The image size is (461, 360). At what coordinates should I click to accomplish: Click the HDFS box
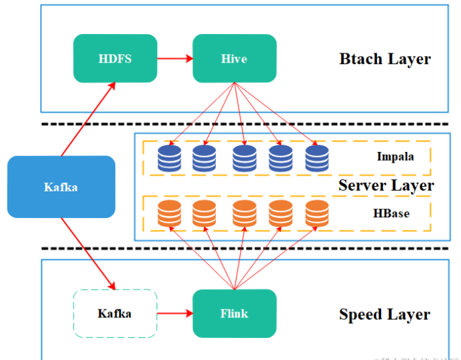click(115, 59)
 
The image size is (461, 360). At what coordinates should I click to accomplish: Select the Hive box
click(234, 59)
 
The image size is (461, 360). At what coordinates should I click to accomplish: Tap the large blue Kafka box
click(61, 187)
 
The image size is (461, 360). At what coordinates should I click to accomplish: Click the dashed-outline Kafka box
click(115, 313)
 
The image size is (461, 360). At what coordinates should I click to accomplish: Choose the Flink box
click(234, 313)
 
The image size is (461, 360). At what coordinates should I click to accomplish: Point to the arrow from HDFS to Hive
click(175, 59)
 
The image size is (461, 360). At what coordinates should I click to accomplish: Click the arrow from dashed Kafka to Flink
click(175, 313)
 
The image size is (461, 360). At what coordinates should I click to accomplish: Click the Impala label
click(394, 157)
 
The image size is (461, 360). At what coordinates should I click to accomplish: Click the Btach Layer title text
click(385, 59)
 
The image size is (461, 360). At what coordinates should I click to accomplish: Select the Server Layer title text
click(386, 185)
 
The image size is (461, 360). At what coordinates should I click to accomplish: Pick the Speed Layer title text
click(384, 314)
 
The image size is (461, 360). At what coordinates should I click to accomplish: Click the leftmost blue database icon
click(169, 158)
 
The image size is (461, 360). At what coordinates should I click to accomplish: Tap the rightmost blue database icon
click(317, 158)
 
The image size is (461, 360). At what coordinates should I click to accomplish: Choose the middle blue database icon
click(244, 158)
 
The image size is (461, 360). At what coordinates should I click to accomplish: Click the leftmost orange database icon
click(169, 213)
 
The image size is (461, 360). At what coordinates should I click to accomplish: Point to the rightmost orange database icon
click(317, 213)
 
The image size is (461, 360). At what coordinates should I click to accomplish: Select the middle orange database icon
click(244, 213)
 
